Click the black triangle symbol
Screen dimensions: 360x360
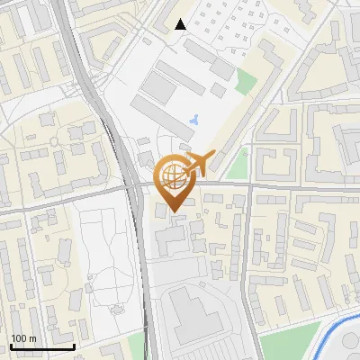coord(182,24)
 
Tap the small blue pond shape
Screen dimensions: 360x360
coord(195,119)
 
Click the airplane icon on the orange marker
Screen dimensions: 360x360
coord(197,163)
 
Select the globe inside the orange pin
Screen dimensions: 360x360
coord(171,175)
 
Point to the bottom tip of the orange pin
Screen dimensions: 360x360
coord(171,212)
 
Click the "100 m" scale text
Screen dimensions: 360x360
coord(23,338)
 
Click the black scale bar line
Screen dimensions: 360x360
coord(42,346)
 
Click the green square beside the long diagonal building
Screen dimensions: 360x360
coord(246,82)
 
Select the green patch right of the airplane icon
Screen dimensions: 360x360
coord(237,165)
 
